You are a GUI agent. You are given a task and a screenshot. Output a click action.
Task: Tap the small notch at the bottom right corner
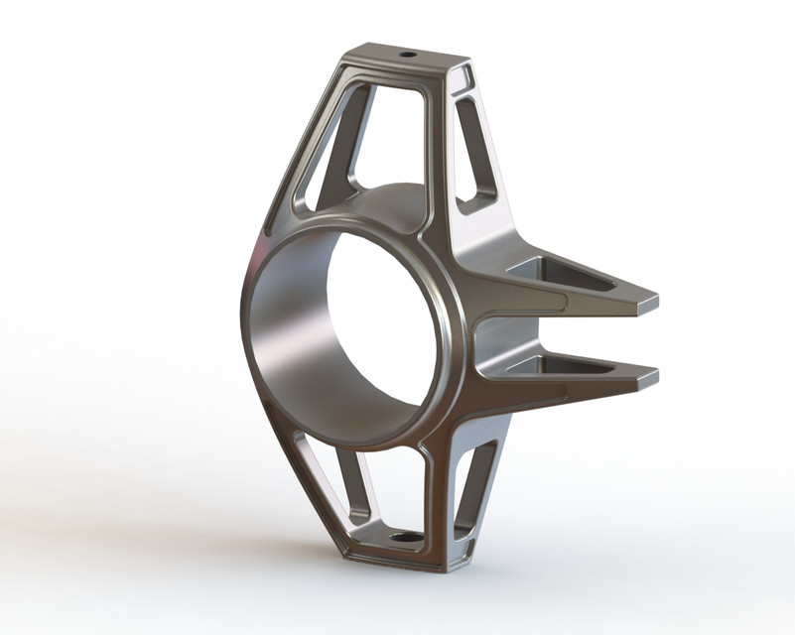tap(458, 563)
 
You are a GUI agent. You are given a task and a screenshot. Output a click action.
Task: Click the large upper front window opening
tap(392, 139)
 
